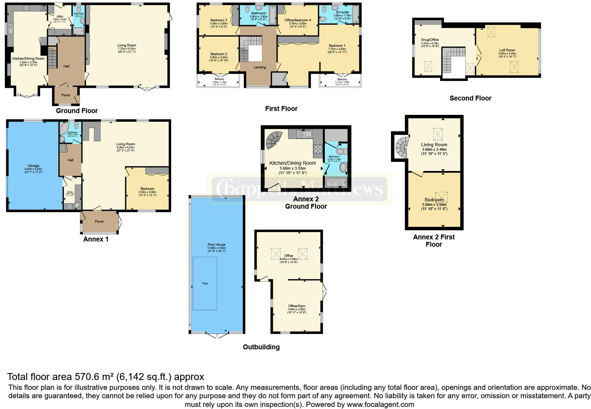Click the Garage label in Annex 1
[x=34, y=166]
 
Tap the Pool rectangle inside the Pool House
[x=205, y=283]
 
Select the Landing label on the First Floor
[x=260, y=67]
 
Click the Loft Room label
[x=507, y=50]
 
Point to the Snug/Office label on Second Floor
[x=430, y=40]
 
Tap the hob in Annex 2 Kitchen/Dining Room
[x=318, y=149]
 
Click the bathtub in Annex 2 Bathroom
[x=336, y=182]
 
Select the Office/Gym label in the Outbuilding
[x=297, y=306]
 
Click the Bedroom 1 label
[x=337, y=46]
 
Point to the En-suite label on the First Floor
[x=342, y=12]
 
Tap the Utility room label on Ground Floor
[x=60, y=16]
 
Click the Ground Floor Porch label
[x=66, y=95]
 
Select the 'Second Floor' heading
[x=470, y=98]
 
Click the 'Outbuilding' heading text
[x=261, y=347]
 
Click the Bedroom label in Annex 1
[x=147, y=189]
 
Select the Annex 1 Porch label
[x=99, y=221]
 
